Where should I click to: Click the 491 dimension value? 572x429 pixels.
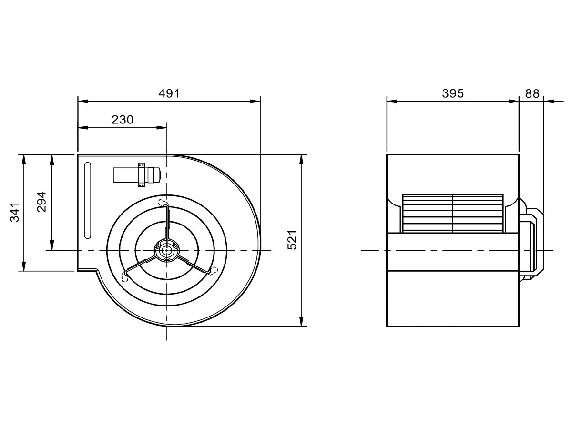tap(169, 93)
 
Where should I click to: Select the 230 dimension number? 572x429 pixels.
tap(123, 120)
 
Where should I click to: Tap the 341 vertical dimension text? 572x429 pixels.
tap(15, 212)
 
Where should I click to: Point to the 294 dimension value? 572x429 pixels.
tap(41, 202)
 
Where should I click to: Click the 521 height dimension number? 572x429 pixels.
tap(292, 240)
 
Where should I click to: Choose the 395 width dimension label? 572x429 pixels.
tap(453, 93)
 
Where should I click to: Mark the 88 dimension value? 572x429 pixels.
tap(532, 93)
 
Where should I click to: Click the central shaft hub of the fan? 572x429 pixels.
tap(166, 250)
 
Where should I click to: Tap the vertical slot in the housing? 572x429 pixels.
tap(88, 200)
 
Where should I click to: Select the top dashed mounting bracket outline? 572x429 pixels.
tap(163, 203)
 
